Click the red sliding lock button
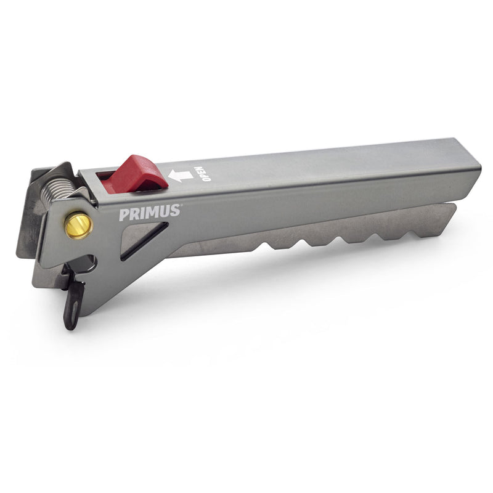pyautogui.click(x=139, y=174)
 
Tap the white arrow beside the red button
pyautogui.click(x=180, y=176)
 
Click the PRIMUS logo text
pyautogui.click(x=149, y=213)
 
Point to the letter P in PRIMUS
pyautogui.click(x=124, y=215)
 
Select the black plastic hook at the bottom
pyautogui.click(x=73, y=305)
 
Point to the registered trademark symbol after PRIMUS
pyautogui.click(x=182, y=206)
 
